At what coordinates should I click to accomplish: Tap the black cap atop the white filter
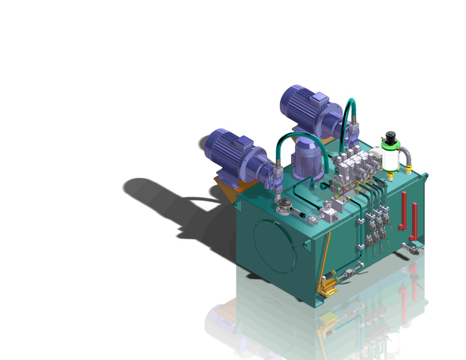pos(389,137)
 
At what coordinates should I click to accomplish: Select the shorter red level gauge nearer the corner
pos(415,219)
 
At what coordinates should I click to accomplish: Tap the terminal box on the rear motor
pos(319,99)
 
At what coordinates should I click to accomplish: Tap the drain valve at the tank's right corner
pos(414,247)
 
